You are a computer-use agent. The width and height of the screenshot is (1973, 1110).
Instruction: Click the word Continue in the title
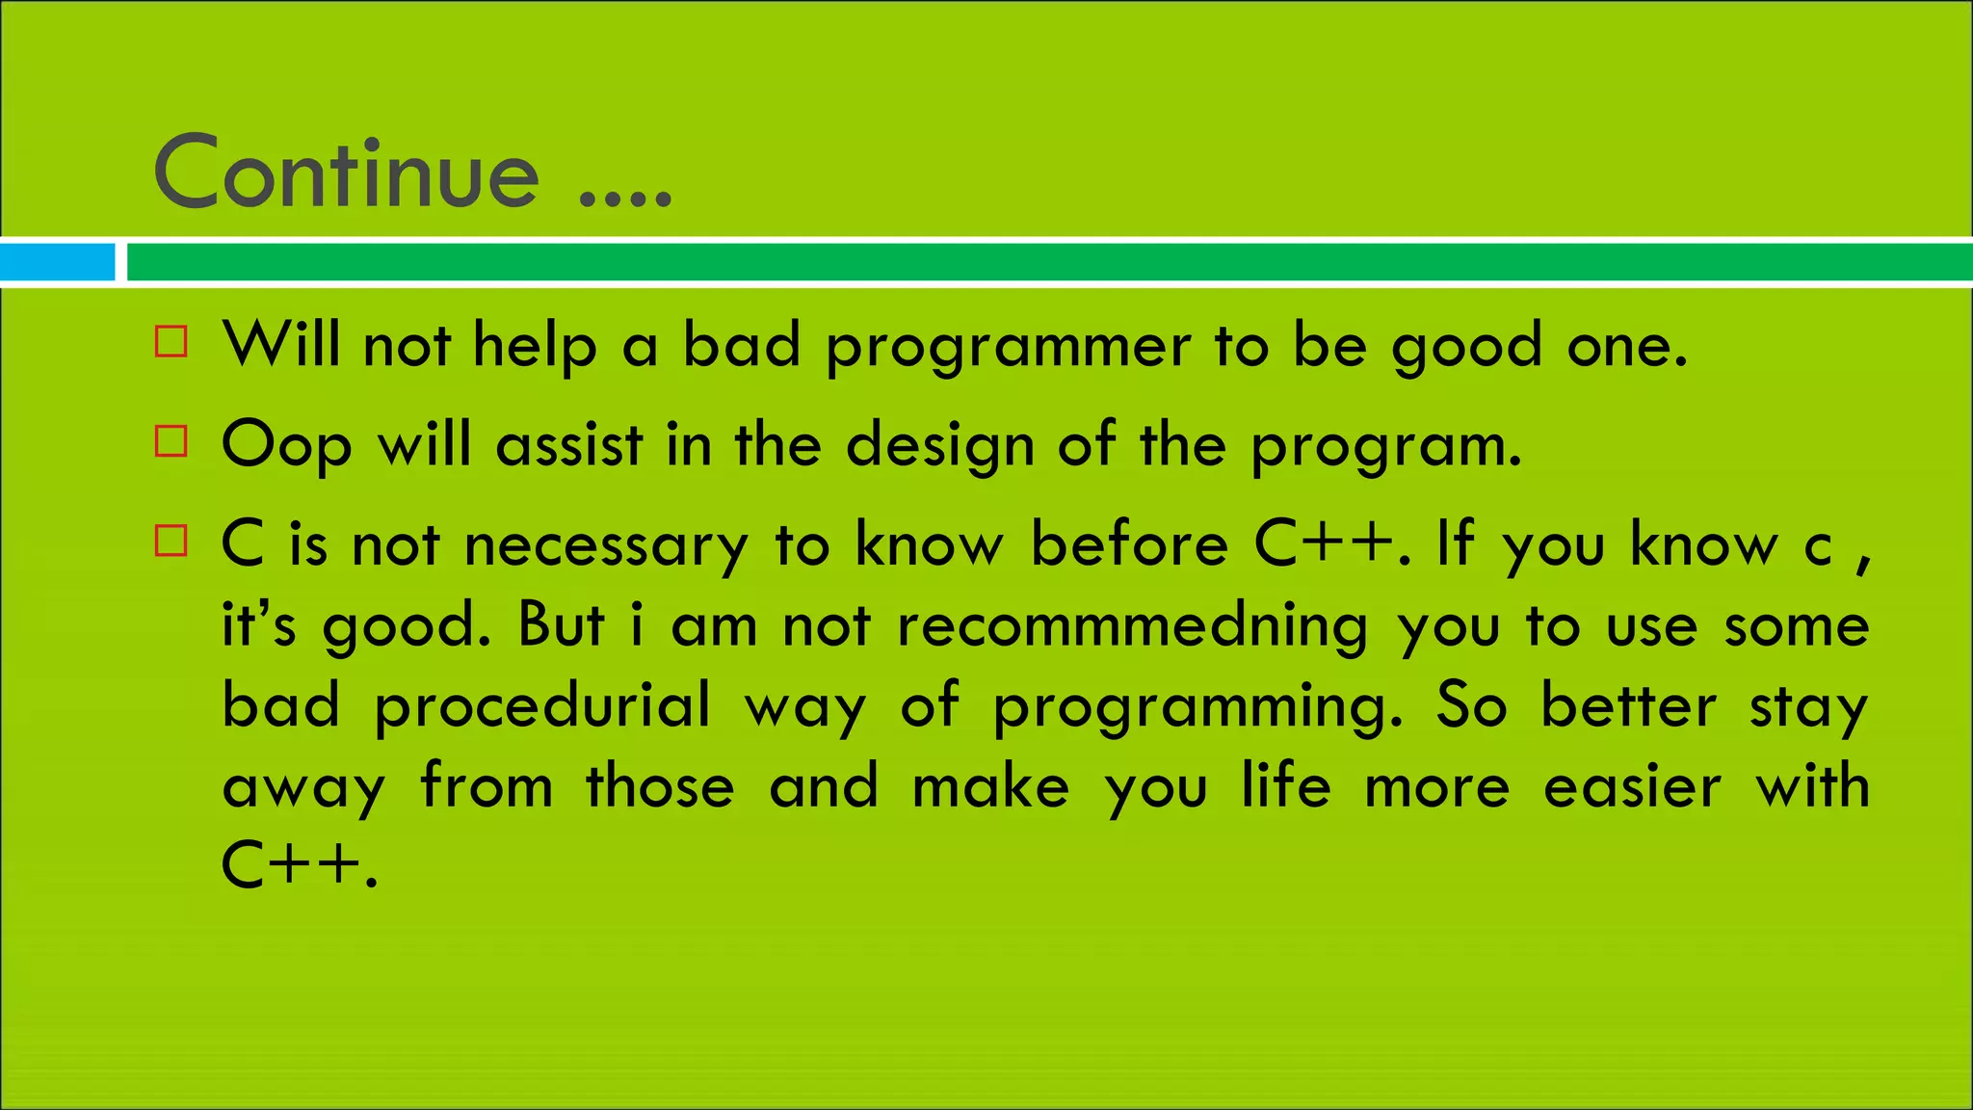[x=346, y=173]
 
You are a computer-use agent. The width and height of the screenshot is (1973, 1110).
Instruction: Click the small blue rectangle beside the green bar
[x=57, y=262]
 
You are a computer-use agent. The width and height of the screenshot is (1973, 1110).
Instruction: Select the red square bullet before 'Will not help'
[x=171, y=342]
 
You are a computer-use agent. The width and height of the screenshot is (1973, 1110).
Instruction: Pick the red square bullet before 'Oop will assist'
[x=171, y=441]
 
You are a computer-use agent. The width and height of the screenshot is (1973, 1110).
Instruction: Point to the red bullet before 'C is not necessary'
[x=171, y=541]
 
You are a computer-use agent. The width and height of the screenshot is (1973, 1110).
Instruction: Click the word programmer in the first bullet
[x=1008, y=347]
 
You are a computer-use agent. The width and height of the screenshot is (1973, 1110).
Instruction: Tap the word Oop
[x=286, y=446]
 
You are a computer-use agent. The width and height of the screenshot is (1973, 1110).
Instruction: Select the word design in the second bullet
[x=939, y=446]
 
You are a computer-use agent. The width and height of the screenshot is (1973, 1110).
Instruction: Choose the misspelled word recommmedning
[x=1132, y=626]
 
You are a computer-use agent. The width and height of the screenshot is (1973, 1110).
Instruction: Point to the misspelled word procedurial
[x=542, y=706]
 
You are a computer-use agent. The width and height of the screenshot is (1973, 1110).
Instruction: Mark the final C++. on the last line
[x=299, y=864]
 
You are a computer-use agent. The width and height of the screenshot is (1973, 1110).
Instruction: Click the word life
[x=1285, y=785]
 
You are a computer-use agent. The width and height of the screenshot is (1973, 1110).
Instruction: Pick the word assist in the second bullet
[x=568, y=446]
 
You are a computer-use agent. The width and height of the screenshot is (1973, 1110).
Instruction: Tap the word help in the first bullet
[x=535, y=347]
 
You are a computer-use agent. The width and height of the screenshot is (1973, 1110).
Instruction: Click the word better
[x=1628, y=706]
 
